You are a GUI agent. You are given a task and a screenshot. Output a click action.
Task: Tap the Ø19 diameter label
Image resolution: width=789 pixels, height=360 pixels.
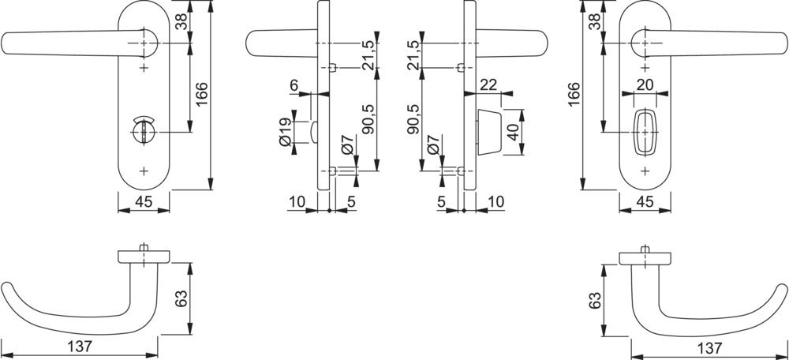[285, 132]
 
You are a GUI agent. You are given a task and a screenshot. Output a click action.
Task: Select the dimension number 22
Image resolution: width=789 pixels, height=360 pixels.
[488, 85]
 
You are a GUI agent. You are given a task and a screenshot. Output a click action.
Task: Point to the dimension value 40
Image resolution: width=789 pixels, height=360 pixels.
[513, 132]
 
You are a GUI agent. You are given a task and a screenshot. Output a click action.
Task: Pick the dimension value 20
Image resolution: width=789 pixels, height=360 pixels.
[645, 85]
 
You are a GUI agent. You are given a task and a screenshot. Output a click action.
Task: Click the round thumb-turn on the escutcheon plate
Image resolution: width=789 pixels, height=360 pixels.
[144, 132]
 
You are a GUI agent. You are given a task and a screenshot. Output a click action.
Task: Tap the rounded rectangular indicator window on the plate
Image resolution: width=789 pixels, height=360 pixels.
[645, 132]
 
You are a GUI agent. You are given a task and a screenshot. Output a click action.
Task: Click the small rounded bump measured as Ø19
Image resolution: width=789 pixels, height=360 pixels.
[314, 132]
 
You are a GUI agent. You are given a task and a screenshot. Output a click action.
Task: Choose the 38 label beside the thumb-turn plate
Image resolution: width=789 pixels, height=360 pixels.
[181, 21]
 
